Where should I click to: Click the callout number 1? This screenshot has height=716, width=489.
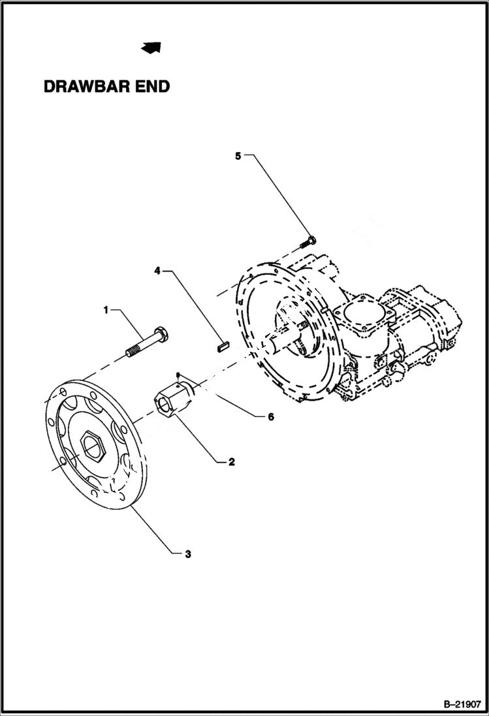coord(106,310)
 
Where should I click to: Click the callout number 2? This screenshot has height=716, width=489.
coord(230,461)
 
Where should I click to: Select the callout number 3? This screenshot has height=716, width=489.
coord(187,554)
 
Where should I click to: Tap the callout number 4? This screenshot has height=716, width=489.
coord(157,269)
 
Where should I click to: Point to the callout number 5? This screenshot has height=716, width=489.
coord(238,155)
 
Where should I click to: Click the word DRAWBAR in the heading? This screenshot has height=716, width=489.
coord(89,87)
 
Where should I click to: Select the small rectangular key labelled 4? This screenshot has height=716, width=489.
coord(223,343)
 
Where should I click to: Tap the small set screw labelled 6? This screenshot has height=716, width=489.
coord(178,375)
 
